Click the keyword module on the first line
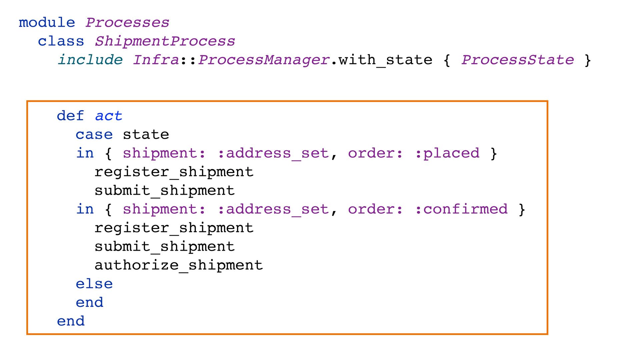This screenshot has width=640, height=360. tap(47, 23)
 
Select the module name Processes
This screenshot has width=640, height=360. tap(127, 23)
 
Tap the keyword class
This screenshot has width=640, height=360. tap(61, 41)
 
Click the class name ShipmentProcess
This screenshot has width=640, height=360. tap(165, 41)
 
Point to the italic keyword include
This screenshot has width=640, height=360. tap(90, 60)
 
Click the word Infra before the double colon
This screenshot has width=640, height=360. tap(156, 60)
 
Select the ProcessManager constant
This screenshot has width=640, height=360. tap(264, 60)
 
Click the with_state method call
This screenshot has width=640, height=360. tap(385, 60)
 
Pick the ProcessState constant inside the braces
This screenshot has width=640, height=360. tap(517, 60)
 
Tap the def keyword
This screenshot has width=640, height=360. tap(70, 116)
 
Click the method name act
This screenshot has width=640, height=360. tap(109, 116)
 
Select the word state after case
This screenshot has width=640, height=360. tap(146, 135)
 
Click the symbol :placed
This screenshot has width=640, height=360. tap(447, 153)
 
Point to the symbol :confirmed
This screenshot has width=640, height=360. tap(461, 209)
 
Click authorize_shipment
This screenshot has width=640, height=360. tap(179, 265)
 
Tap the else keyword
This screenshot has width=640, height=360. tap(94, 284)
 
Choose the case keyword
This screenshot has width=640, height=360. tap(94, 135)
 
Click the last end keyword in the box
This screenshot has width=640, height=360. tap(71, 321)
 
